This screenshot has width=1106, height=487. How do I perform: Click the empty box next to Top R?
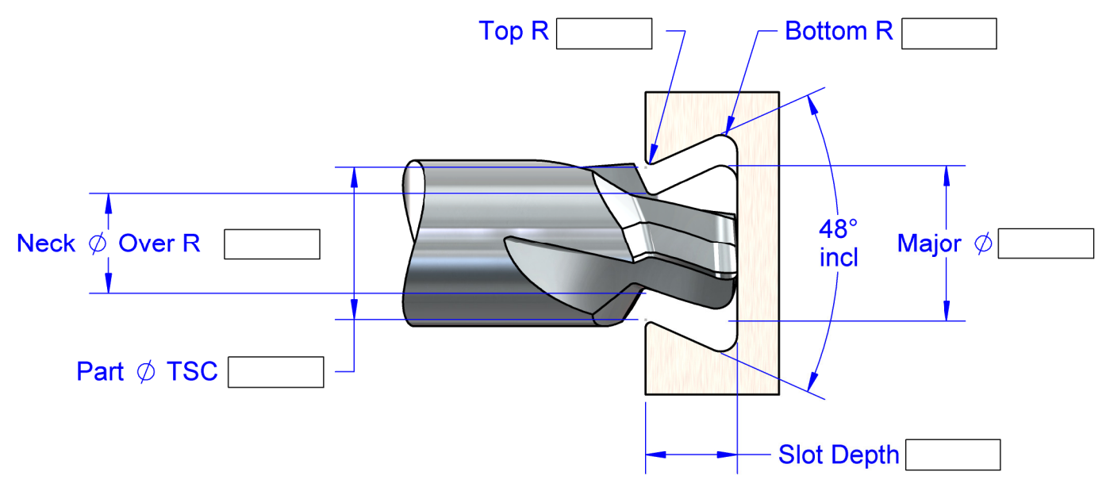[604, 34]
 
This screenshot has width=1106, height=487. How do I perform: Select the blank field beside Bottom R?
[949, 34]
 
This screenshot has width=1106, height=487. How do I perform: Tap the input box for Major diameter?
[1045, 243]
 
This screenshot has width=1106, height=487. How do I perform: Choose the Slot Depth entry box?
[952, 455]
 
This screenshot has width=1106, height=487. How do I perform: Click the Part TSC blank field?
[275, 372]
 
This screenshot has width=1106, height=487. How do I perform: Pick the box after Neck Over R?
[271, 244]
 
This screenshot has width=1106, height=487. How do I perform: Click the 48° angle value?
[839, 230]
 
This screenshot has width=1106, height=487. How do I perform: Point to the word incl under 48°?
[839, 258]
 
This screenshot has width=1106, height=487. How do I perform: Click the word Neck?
[46, 243]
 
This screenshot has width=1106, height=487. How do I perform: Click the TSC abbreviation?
[192, 372]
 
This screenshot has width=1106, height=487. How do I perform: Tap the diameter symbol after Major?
[982, 244]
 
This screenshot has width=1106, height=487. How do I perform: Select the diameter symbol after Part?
[146, 372]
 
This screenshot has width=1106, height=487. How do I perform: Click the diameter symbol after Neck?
[97, 244]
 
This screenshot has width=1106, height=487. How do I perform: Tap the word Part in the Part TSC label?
[100, 372]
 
